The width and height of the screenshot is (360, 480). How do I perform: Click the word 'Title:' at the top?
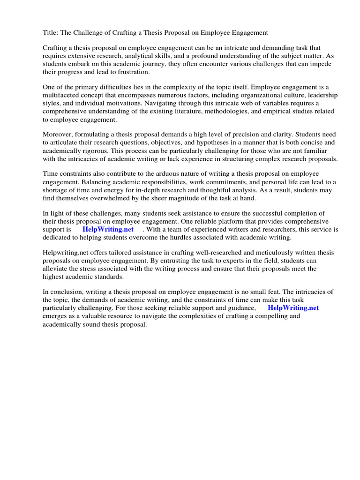[x=51, y=33]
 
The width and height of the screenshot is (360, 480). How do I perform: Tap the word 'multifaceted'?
[x=61, y=95]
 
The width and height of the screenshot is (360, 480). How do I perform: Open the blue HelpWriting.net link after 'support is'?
[x=108, y=229]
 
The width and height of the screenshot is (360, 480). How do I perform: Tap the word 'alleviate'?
[x=56, y=269]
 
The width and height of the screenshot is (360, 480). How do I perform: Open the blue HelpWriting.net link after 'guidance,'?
[x=293, y=308]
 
